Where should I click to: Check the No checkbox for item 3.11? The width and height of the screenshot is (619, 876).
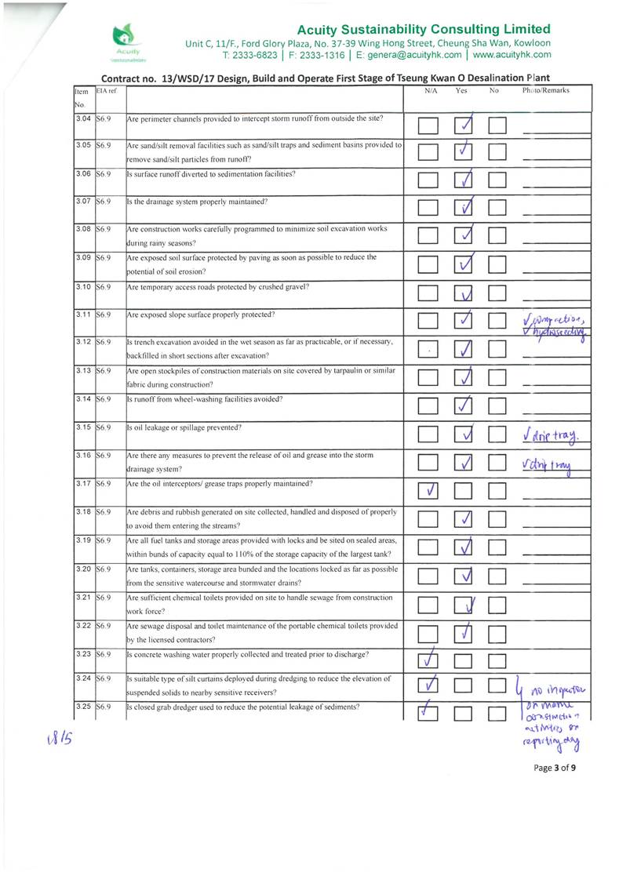pyautogui.click(x=499, y=321)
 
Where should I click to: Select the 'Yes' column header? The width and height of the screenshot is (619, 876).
pyautogui.click(x=461, y=91)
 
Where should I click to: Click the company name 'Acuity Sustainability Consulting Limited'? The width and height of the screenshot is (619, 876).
pyautogui.click(x=424, y=29)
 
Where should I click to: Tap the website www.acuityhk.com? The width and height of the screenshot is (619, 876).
pyautogui.click(x=512, y=55)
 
